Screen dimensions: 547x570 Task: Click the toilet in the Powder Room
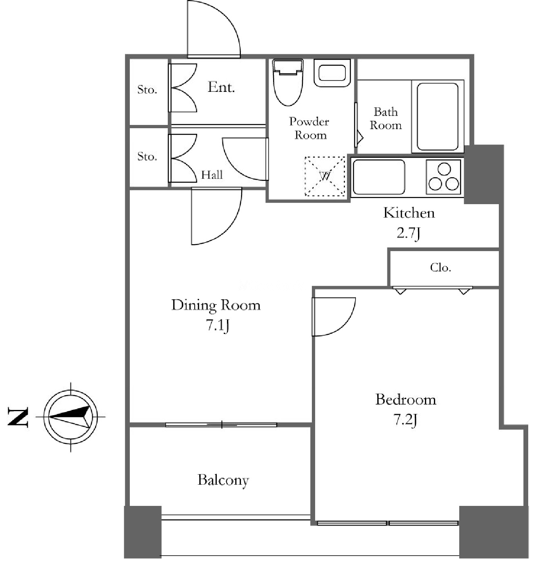(287, 82)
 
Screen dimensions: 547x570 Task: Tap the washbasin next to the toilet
(332, 73)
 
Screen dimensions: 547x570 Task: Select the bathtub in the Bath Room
(438, 116)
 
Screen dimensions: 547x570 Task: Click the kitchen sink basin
(379, 177)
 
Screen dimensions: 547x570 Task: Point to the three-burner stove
(443, 177)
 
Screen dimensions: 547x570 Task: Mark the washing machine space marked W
(325, 176)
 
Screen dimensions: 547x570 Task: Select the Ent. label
(221, 87)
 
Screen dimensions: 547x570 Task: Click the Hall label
(212, 175)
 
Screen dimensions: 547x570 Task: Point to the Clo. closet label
(440, 267)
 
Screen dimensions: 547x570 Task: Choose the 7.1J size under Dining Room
(217, 326)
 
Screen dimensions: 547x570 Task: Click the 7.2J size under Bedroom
(405, 420)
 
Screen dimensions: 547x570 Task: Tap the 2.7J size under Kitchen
(409, 234)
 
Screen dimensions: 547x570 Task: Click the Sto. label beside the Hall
(147, 156)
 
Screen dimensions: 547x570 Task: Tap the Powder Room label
(309, 128)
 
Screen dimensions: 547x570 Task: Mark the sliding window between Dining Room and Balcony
(221, 425)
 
